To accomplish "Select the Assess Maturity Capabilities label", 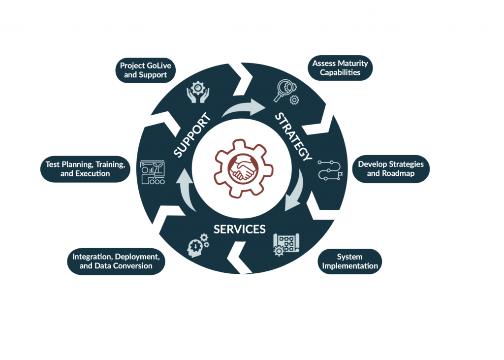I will (x=340, y=68).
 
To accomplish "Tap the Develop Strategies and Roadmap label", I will (x=391, y=169).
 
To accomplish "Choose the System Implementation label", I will (x=350, y=262).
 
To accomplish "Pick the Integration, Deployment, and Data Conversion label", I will (x=116, y=262).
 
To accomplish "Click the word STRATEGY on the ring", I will (x=293, y=137).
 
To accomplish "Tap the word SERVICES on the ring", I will (x=240, y=229).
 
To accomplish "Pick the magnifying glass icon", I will (x=284, y=90).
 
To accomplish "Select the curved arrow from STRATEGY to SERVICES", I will (x=296, y=190).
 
